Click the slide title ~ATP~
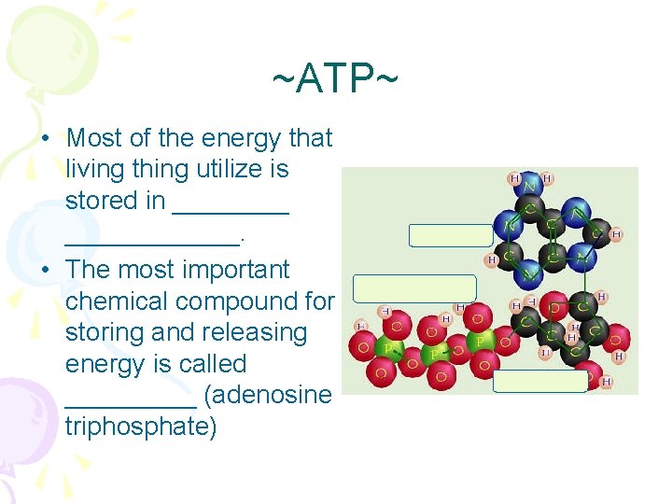point(335,79)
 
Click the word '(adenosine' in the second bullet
point(267,395)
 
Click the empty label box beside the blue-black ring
point(451,235)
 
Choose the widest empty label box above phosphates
point(414,288)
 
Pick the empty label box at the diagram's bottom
point(539,381)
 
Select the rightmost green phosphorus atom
point(480,342)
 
